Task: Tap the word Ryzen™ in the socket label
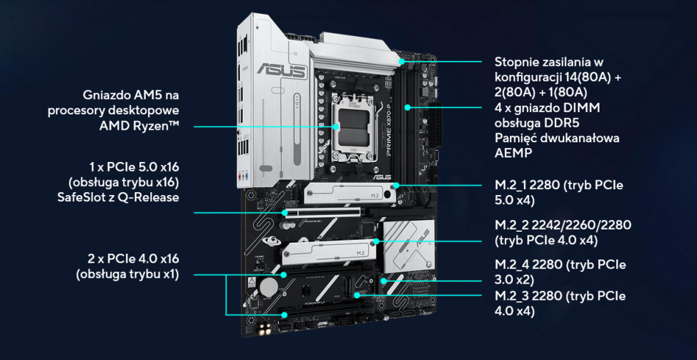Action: (x=157, y=125)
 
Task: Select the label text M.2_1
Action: (x=514, y=185)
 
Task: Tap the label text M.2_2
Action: (x=514, y=224)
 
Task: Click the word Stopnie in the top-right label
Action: (x=517, y=62)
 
